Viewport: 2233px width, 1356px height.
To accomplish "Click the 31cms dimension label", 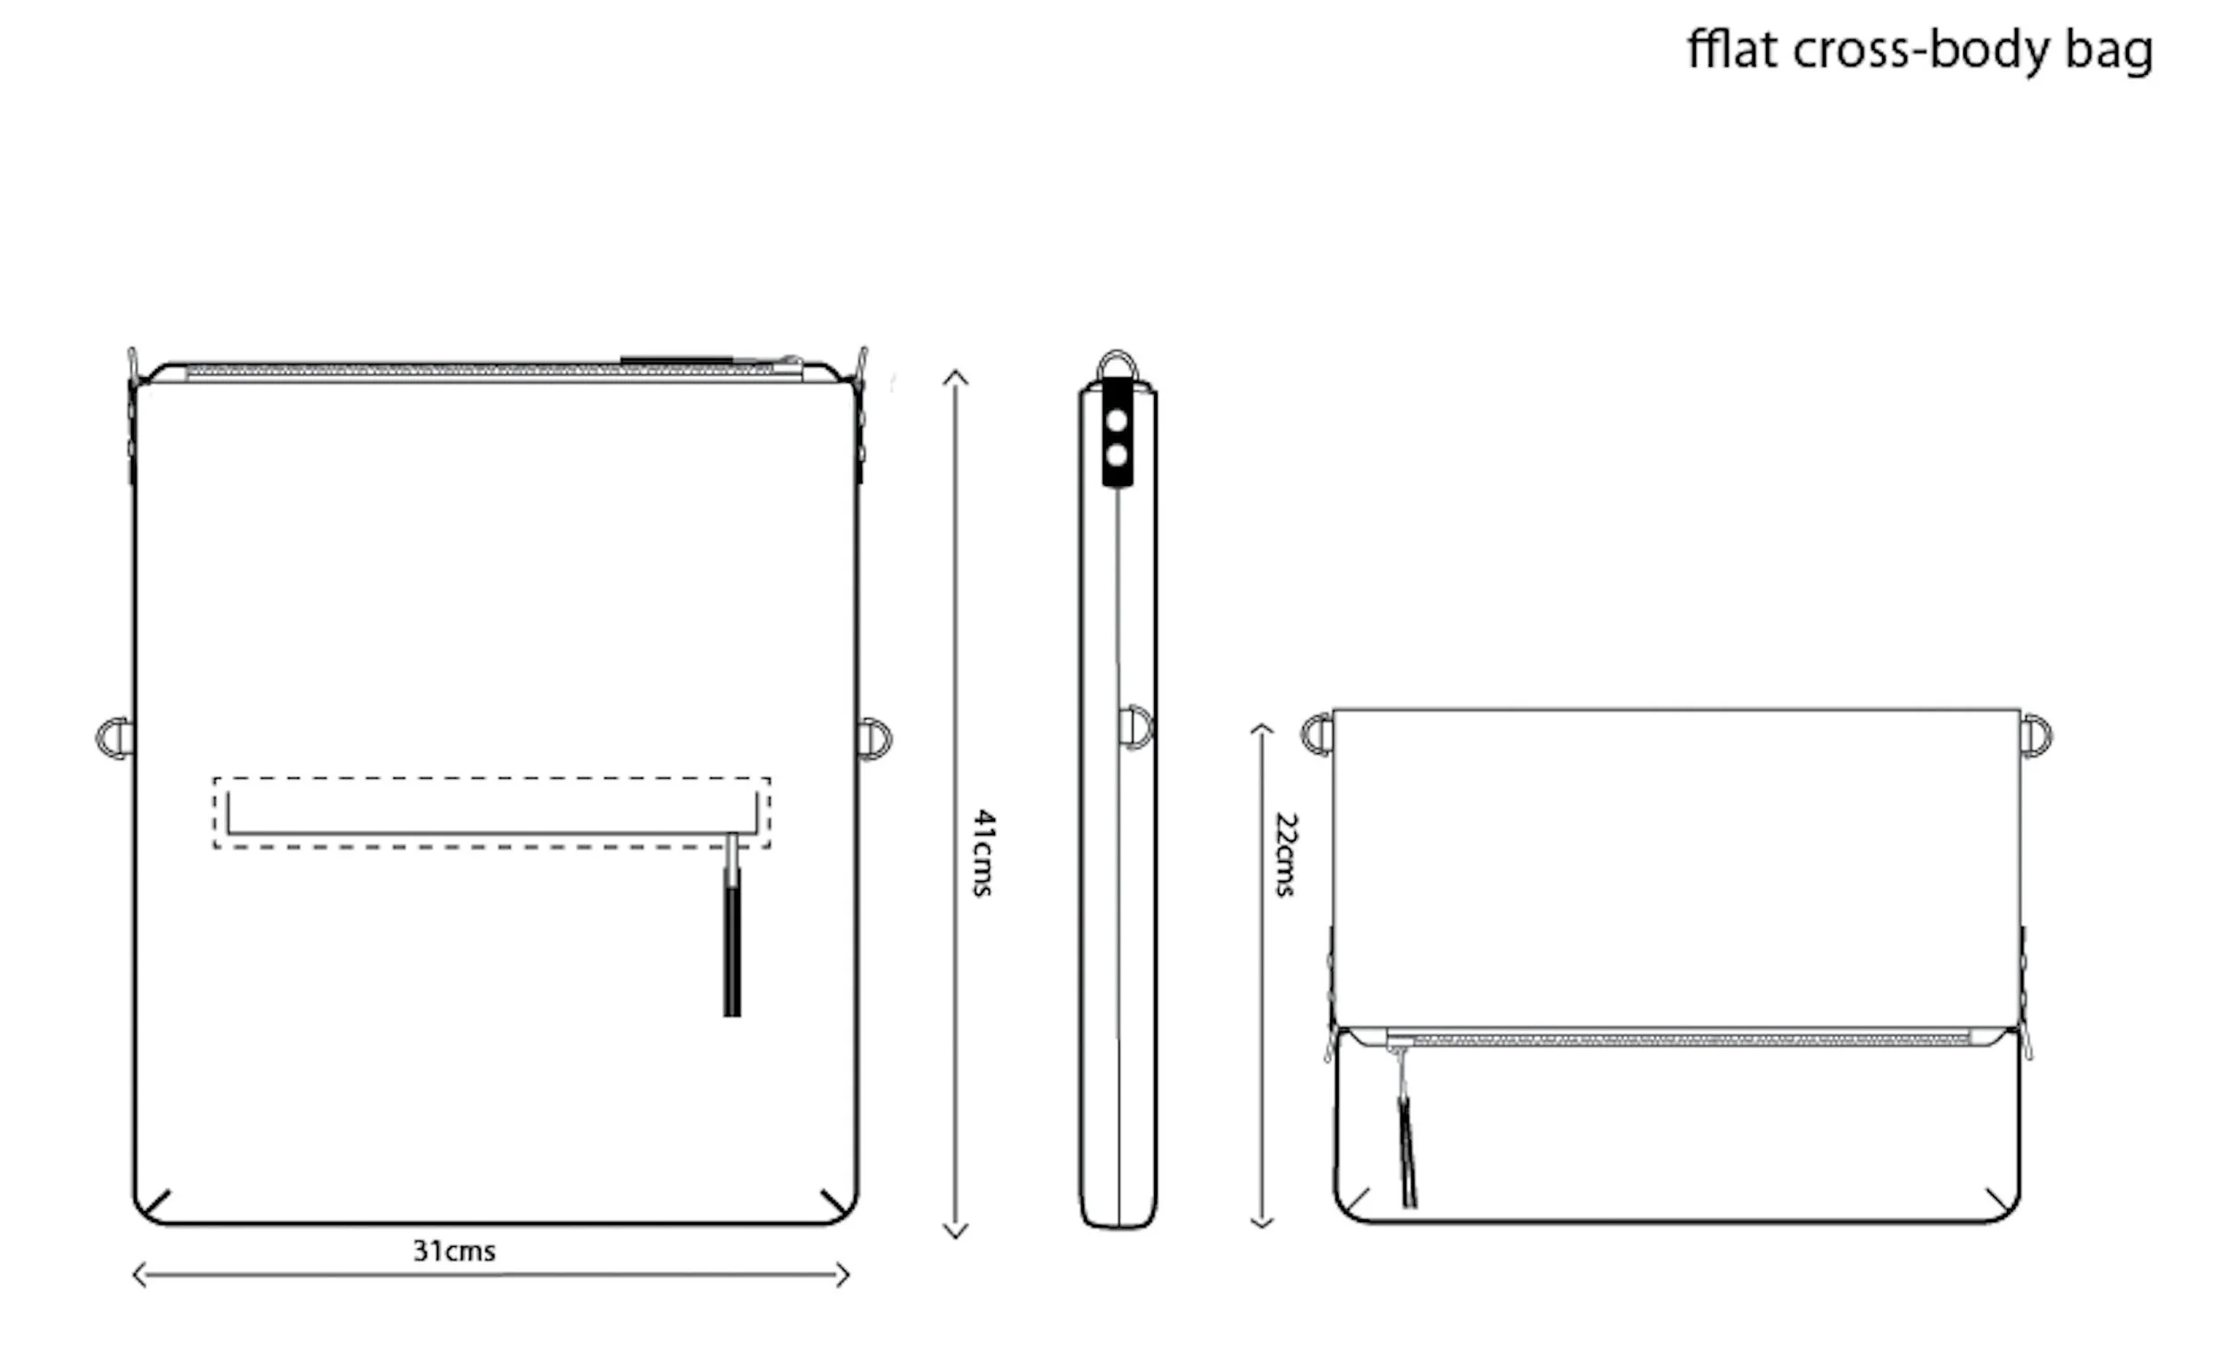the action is [x=454, y=1251].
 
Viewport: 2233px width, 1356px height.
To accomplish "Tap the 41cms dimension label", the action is [x=984, y=853].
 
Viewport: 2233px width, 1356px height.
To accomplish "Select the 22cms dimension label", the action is [x=1286, y=854].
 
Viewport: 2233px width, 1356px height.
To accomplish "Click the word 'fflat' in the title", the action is [x=1732, y=49].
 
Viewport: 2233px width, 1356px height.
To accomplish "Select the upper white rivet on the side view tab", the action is [x=1117, y=421].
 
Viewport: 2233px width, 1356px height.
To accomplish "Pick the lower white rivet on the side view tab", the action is [x=1117, y=455].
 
